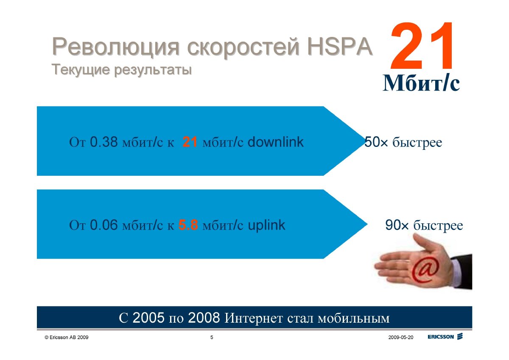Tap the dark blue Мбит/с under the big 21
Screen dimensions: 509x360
click(421, 83)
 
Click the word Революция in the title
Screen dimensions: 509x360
click(116, 47)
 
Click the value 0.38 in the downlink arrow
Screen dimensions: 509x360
click(104, 142)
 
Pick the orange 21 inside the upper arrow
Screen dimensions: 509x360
click(190, 142)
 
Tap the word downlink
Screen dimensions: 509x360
click(275, 142)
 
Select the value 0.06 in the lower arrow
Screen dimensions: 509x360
click(104, 225)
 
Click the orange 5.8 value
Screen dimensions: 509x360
click(188, 225)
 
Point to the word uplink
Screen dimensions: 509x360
click(266, 225)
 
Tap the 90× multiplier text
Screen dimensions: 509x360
click(397, 225)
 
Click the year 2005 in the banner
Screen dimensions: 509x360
click(148, 318)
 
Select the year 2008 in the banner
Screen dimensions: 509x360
click(204, 318)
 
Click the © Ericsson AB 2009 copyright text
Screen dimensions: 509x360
click(67, 337)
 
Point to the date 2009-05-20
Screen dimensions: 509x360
click(401, 337)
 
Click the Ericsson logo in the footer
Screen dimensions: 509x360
click(445, 337)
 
